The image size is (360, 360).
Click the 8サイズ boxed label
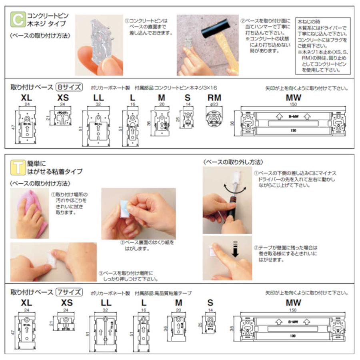[69, 88]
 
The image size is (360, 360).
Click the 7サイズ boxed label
[69, 292]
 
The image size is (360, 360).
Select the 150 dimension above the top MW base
[293, 104]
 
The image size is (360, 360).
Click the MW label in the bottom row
[293, 303]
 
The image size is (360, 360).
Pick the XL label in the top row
[27, 98]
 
